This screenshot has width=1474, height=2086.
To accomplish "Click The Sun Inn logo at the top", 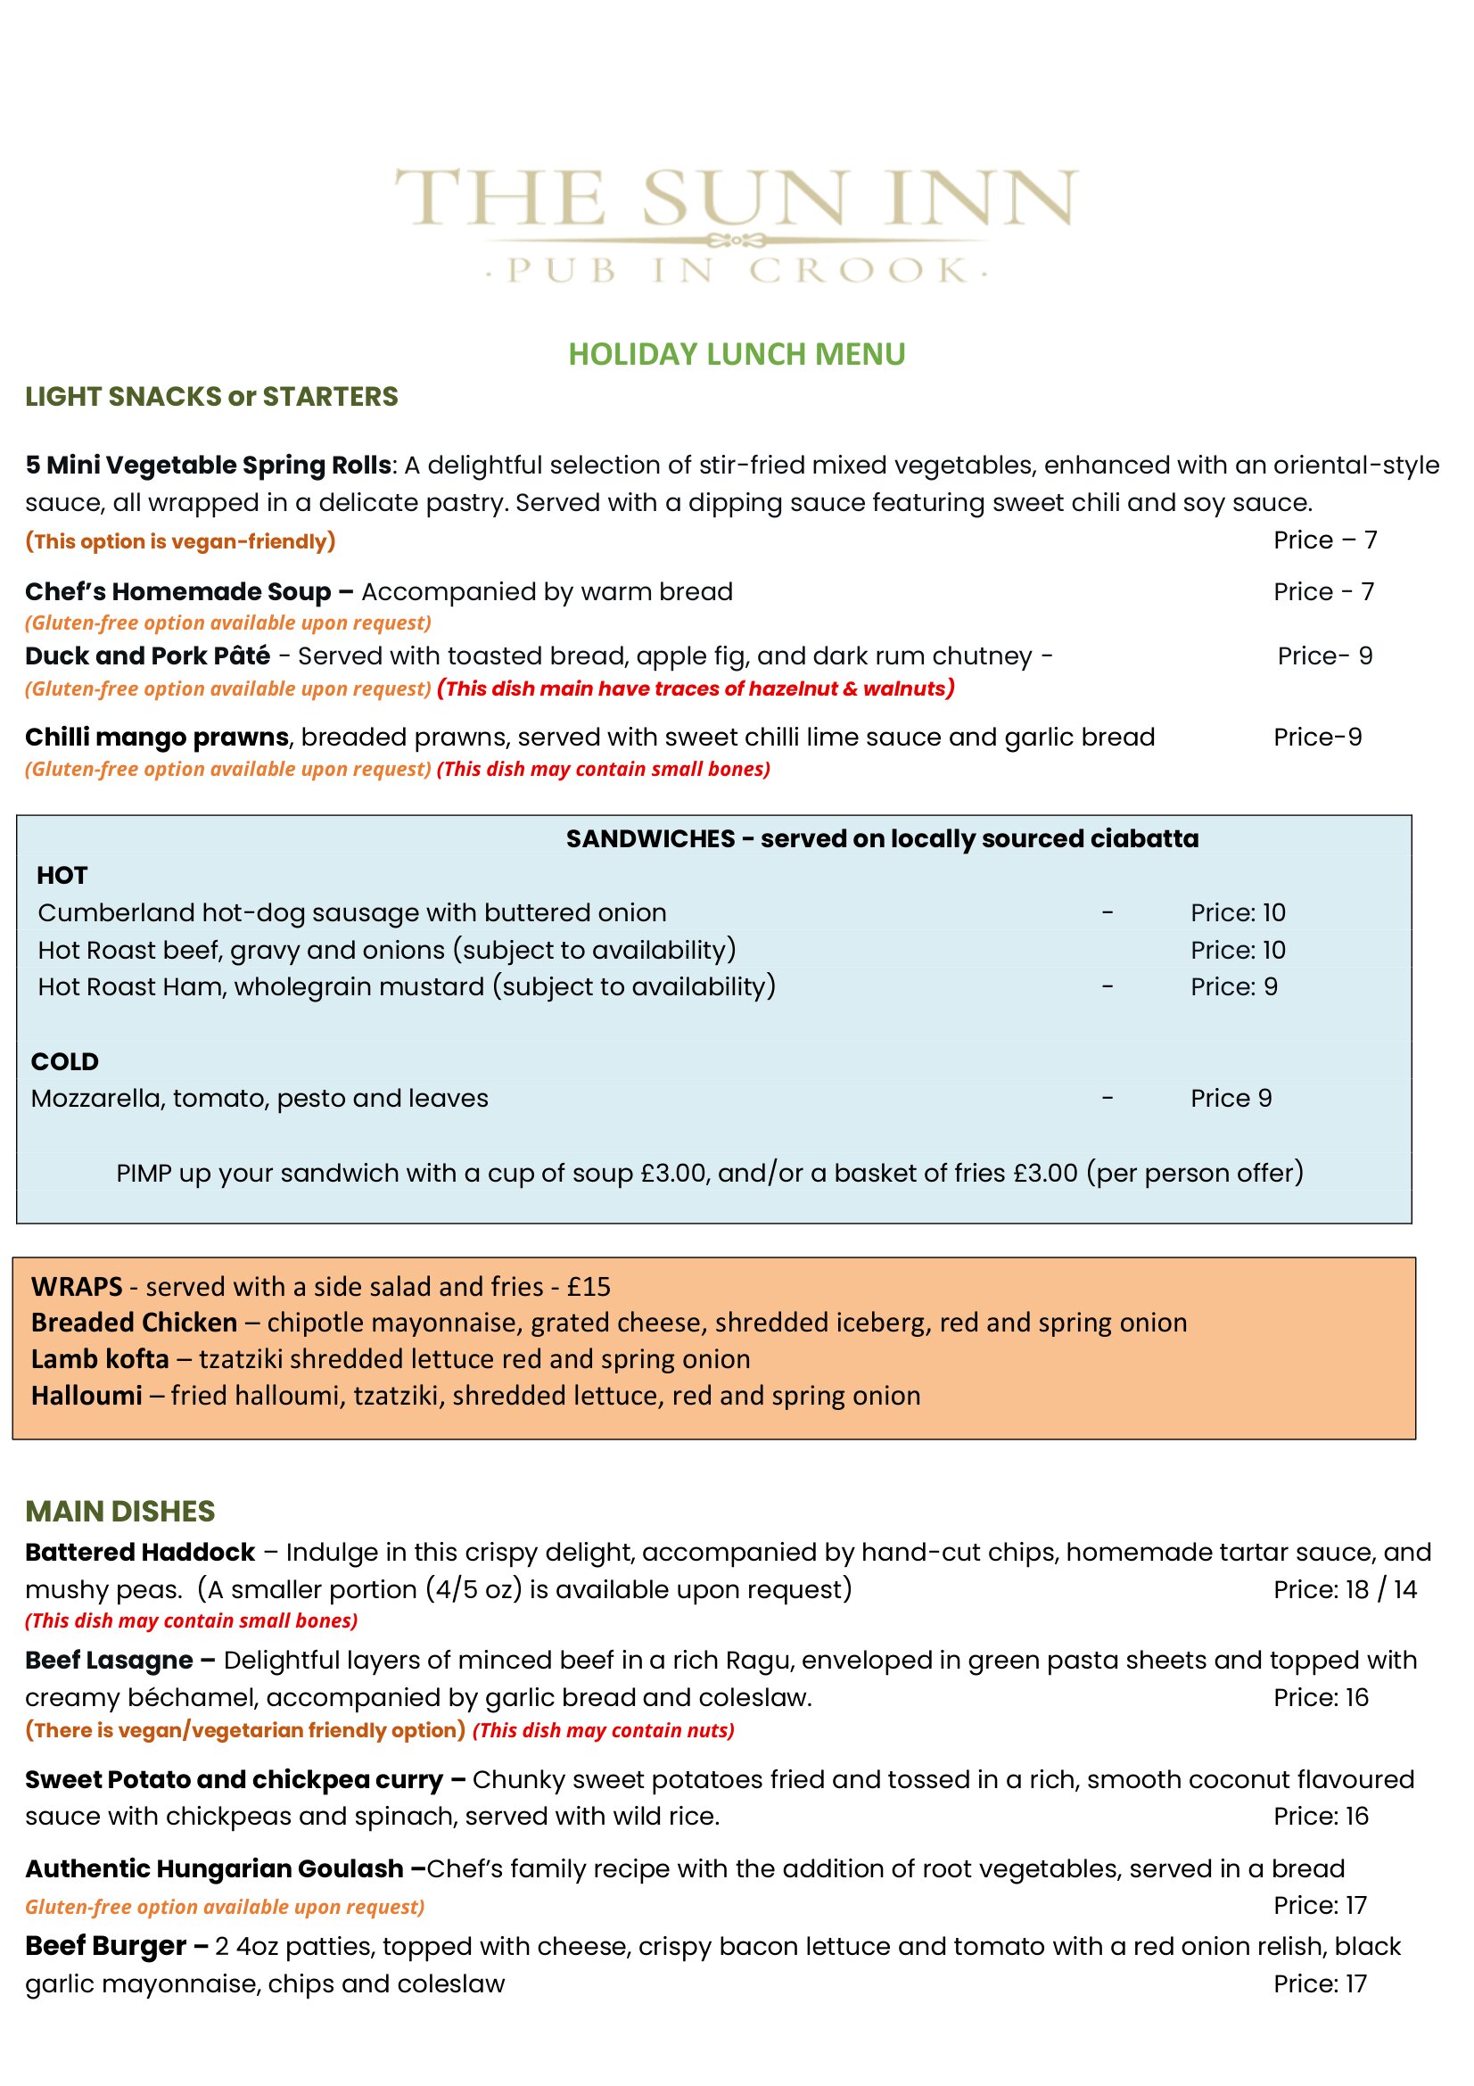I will click(737, 223).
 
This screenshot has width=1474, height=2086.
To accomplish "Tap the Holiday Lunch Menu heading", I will click(737, 353).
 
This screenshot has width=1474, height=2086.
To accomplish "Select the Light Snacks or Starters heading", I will click(210, 397).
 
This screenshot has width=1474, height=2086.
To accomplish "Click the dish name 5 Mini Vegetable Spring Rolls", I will click(208, 466).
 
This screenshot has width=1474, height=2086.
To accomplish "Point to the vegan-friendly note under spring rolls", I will click(180, 541).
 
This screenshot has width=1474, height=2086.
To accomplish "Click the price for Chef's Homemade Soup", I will click(1323, 592).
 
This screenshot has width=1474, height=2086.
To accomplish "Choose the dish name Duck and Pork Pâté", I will click(147, 656).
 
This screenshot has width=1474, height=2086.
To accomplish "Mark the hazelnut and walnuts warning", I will click(695, 688).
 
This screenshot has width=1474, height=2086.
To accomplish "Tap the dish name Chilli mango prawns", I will click(156, 737).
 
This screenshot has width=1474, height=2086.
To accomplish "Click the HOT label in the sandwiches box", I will click(62, 876).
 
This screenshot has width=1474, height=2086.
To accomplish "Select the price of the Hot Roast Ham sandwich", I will click(1233, 986).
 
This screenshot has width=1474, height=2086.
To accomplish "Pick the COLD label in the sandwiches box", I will click(64, 1062).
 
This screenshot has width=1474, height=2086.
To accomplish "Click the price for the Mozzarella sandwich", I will click(1231, 1099).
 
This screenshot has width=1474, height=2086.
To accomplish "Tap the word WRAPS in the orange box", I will click(77, 1287).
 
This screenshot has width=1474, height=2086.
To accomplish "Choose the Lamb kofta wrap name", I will click(100, 1359).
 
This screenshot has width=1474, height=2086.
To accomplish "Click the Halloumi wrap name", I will click(86, 1396).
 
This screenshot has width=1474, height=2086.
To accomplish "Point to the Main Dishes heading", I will click(119, 1512).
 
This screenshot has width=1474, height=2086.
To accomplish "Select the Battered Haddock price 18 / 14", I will click(1344, 1590).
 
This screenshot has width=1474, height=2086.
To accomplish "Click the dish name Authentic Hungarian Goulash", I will click(214, 1869).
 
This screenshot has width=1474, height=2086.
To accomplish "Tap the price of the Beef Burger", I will click(1320, 1984).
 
